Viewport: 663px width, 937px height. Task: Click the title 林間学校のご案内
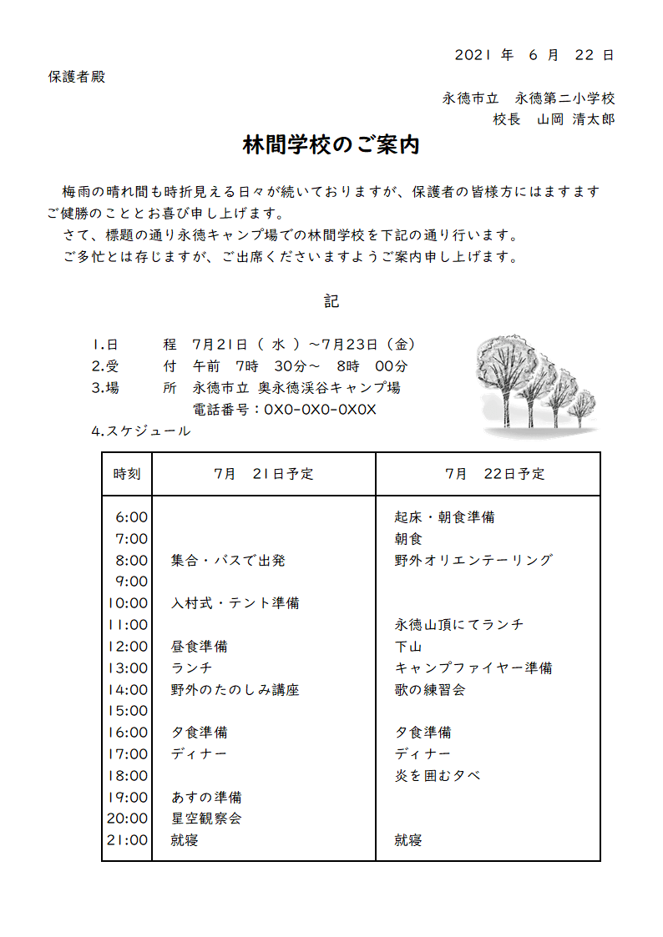point(331,145)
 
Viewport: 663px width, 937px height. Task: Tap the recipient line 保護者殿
point(77,78)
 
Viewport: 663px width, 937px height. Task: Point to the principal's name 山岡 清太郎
point(575,119)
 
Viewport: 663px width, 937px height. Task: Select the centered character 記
point(331,301)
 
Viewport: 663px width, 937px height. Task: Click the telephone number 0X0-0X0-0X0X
point(320,410)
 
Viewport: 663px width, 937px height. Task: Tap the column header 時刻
point(127,474)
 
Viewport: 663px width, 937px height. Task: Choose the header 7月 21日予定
point(263,474)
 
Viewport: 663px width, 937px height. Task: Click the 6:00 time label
point(132,517)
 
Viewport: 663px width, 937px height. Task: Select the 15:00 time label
point(128,711)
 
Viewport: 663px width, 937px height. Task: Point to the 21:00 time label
point(128,840)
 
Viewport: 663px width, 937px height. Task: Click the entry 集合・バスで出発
point(228,561)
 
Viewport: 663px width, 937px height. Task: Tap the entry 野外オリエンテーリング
point(473,561)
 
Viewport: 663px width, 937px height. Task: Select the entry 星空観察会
point(206,819)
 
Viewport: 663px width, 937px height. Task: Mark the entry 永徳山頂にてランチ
point(459,625)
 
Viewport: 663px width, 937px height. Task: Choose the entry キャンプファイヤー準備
point(473,668)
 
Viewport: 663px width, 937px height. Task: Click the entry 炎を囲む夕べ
point(438,776)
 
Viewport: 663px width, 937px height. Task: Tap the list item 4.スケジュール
point(140,431)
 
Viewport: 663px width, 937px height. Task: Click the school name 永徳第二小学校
point(565,98)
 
